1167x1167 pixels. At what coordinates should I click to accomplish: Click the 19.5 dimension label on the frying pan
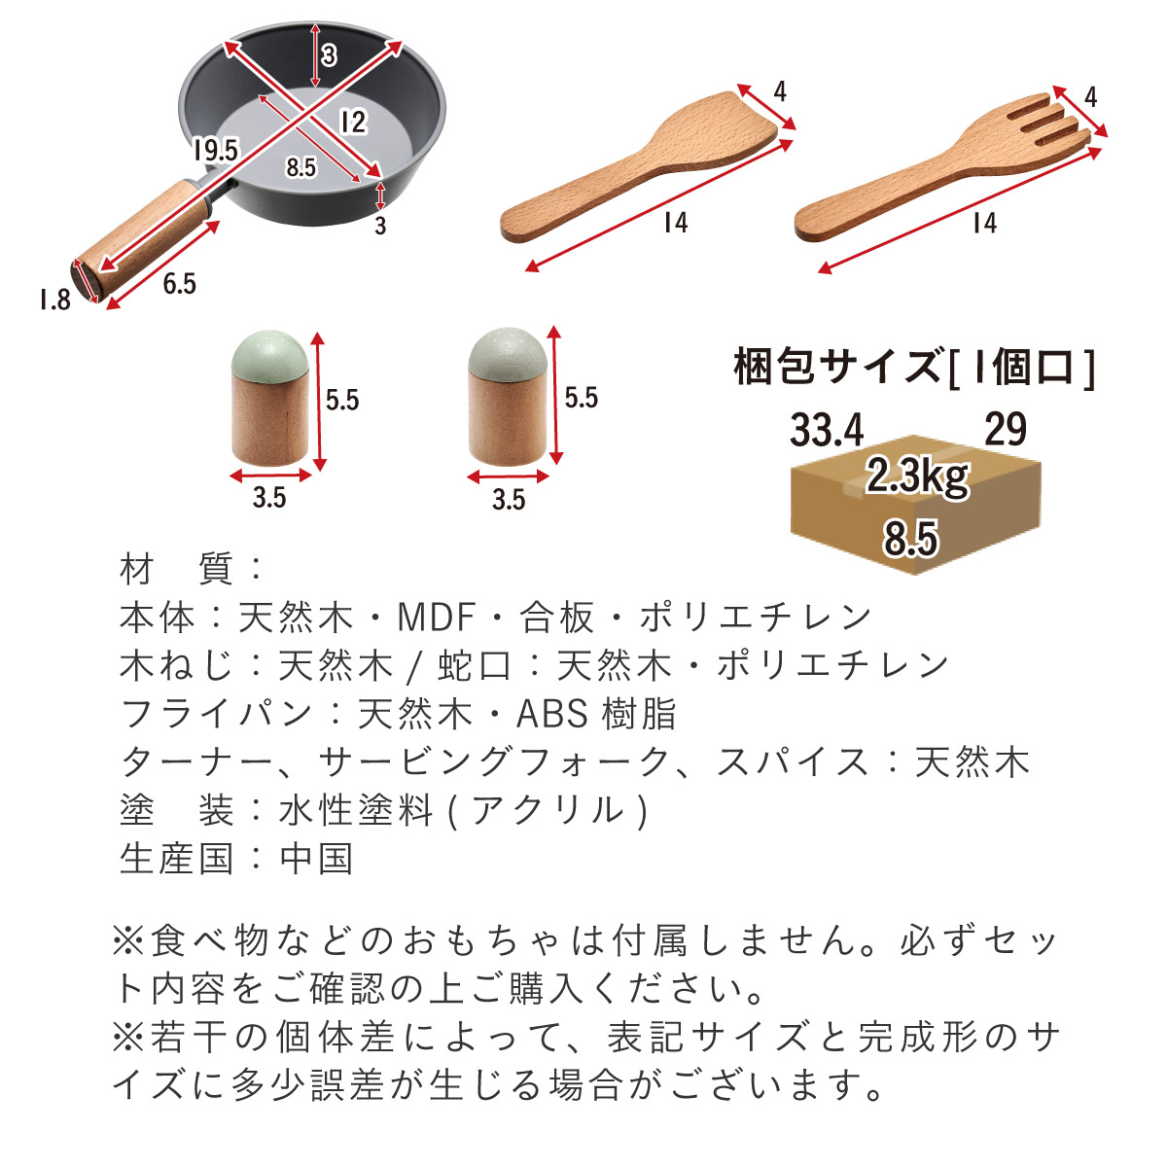click(x=216, y=150)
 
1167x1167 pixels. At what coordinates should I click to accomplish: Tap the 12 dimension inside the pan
click(x=352, y=123)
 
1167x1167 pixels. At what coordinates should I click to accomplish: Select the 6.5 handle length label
click(x=179, y=283)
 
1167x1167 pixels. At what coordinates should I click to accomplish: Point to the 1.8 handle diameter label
click(x=55, y=300)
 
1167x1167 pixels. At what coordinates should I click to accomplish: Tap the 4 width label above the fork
click(x=1090, y=97)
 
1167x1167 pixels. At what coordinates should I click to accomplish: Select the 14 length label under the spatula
click(x=675, y=223)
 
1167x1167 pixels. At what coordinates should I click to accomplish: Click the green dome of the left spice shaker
click(x=270, y=355)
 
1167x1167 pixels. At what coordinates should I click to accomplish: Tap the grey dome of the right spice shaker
click(x=508, y=353)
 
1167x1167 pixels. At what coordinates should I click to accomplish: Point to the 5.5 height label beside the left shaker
click(x=342, y=401)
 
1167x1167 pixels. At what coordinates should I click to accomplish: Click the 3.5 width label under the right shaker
click(x=508, y=500)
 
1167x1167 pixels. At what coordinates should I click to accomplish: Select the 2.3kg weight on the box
click(x=918, y=477)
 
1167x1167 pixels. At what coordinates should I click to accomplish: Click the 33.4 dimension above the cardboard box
click(x=827, y=430)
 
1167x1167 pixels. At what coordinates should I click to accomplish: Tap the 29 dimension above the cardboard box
click(x=1006, y=429)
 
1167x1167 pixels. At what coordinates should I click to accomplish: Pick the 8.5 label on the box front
click(x=910, y=538)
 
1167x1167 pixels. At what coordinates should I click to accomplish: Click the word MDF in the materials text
click(x=436, y=618)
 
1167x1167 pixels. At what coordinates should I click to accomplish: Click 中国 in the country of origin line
click(x=316, y=859)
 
